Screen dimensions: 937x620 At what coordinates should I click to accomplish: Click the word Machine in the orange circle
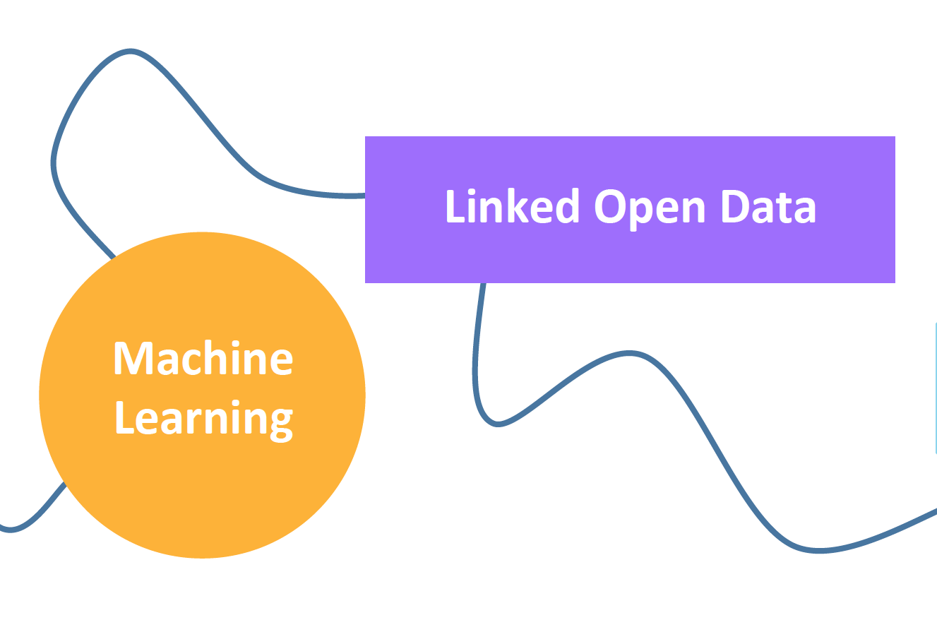203,358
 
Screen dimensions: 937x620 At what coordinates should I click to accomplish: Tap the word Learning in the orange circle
204,420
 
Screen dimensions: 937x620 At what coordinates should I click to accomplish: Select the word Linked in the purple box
513,205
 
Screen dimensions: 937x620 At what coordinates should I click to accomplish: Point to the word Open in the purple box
650,209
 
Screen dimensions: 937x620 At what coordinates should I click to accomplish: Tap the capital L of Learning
126,417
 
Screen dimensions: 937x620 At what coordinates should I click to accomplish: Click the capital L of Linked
456,206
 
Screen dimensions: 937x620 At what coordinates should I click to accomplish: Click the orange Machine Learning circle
202,395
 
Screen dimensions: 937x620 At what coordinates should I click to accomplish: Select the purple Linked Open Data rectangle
630,210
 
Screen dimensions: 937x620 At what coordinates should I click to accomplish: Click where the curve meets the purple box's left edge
365,196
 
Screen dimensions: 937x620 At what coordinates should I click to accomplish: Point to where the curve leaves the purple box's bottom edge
483,283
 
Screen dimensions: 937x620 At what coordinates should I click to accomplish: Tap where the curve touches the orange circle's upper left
114,257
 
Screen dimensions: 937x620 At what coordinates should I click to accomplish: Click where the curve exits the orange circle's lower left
65,484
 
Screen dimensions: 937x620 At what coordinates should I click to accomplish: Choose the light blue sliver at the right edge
936,388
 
